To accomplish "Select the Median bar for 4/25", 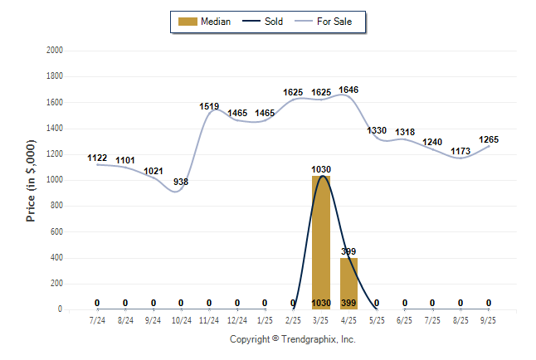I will (x=348, y=283).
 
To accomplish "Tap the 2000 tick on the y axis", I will (x=54, y=51).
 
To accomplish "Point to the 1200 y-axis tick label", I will (x=54, y=154).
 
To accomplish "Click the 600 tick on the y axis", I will (x=56, y=232).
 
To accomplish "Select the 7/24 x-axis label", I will (x=98, y=319).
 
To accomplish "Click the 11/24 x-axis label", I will (x=209, y=319).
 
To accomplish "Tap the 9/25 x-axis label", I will (x=489, y=319).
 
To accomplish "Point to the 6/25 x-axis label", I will (x=405, y=319).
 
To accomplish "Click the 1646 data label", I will (x=348, y=90).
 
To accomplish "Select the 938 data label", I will (x=181, y=182).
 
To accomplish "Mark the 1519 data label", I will (x=209, y=106).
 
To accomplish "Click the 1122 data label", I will (x=98, y=158).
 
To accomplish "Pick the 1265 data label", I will (x=489, y=139).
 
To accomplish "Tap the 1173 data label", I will (x=460, y=151).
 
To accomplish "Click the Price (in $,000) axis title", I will (x=31, y=180).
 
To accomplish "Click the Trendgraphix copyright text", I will (x=292, y=339).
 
